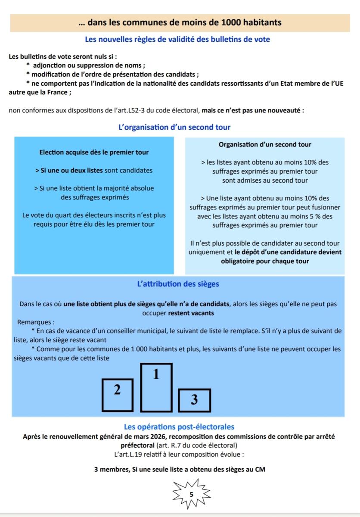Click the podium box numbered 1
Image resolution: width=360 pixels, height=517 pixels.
tap(156, 386)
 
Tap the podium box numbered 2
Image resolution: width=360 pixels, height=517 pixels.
tap(117, 395)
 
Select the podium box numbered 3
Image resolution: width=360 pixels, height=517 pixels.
tap(194, 400)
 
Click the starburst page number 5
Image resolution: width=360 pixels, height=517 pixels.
tap(192, 495)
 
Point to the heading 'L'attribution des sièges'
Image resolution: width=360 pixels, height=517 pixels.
tap(178, 284)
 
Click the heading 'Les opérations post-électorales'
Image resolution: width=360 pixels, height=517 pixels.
tap(179, 427)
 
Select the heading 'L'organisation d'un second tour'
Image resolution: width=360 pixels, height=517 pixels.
tap(174, 127)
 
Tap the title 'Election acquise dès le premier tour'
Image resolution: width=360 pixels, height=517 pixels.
tap(94, 153)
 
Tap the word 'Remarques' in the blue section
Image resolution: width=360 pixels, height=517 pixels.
tap(36, 322)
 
